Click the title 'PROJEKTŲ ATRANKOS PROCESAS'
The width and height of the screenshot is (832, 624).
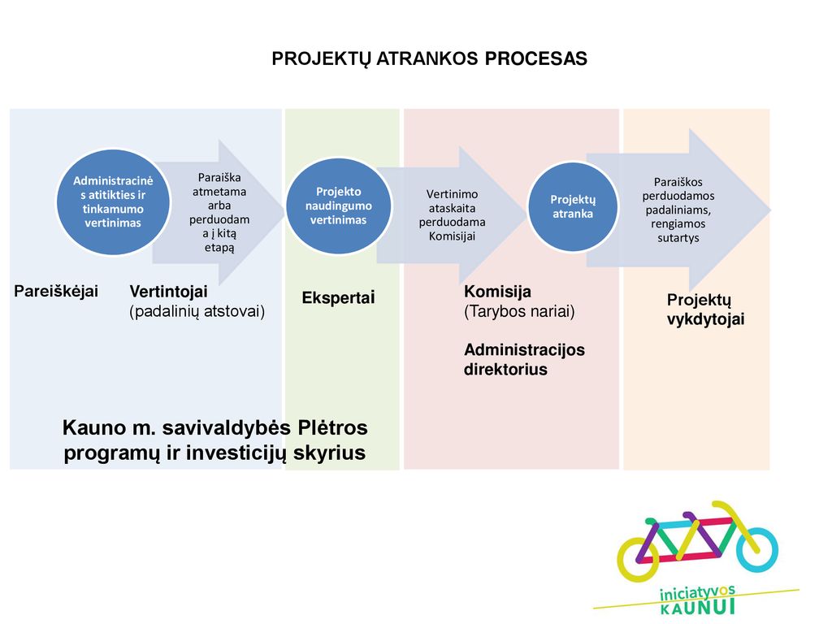coord(429,58)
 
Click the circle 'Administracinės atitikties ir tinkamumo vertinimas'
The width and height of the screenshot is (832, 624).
coord(113,202)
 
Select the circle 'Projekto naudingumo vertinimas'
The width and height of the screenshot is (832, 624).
coord(339,206)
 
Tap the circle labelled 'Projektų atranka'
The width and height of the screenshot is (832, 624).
coord(573,207)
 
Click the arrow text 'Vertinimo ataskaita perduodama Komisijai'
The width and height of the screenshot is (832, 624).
coord(452,215)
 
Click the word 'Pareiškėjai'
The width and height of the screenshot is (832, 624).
coord(56,292)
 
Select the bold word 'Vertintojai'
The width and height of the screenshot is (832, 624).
coord(169,292)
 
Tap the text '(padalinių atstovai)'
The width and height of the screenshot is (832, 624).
coord(197,311)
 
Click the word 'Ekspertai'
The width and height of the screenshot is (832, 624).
coord(339,297)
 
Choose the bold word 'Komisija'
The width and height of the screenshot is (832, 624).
coord(498,292)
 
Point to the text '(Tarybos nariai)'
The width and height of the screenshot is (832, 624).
coord(519,311)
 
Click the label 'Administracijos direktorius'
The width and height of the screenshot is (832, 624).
coord(524,360)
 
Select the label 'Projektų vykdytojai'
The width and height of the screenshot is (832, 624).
coord(706,310)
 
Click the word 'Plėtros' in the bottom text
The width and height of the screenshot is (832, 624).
coord(332,427)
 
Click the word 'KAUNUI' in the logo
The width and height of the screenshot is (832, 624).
coord(698,607)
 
